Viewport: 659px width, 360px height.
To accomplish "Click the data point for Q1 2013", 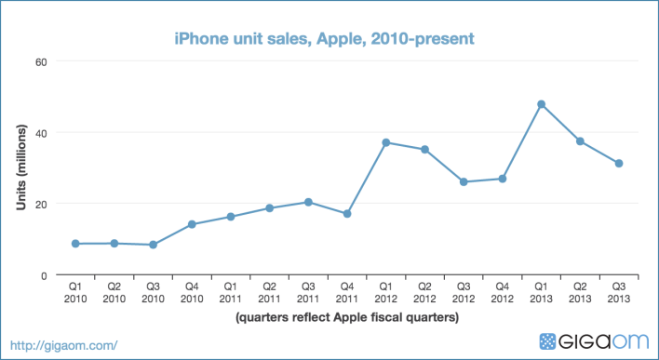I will (541, 104).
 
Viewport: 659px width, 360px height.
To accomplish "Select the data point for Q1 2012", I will (386, 142).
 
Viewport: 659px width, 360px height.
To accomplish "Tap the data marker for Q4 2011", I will (347, 214).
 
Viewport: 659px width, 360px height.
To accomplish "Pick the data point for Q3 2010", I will (153, 245).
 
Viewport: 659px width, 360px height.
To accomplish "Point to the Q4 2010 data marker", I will (192, 224).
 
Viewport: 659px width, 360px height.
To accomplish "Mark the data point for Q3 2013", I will (618, 164).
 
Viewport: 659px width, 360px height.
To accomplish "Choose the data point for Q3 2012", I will (464, 181).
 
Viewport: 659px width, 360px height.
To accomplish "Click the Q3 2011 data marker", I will (308, 202).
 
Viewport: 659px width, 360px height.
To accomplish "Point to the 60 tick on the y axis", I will (41, 61).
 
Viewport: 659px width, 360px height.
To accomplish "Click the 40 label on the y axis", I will (41, 132).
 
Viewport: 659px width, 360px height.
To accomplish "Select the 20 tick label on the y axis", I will (41, 204).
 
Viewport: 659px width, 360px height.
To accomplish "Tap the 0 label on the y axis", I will (44, 275).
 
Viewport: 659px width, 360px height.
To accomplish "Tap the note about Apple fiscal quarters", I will (346, 317).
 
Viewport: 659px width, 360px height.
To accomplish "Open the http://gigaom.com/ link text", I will (62, 345).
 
